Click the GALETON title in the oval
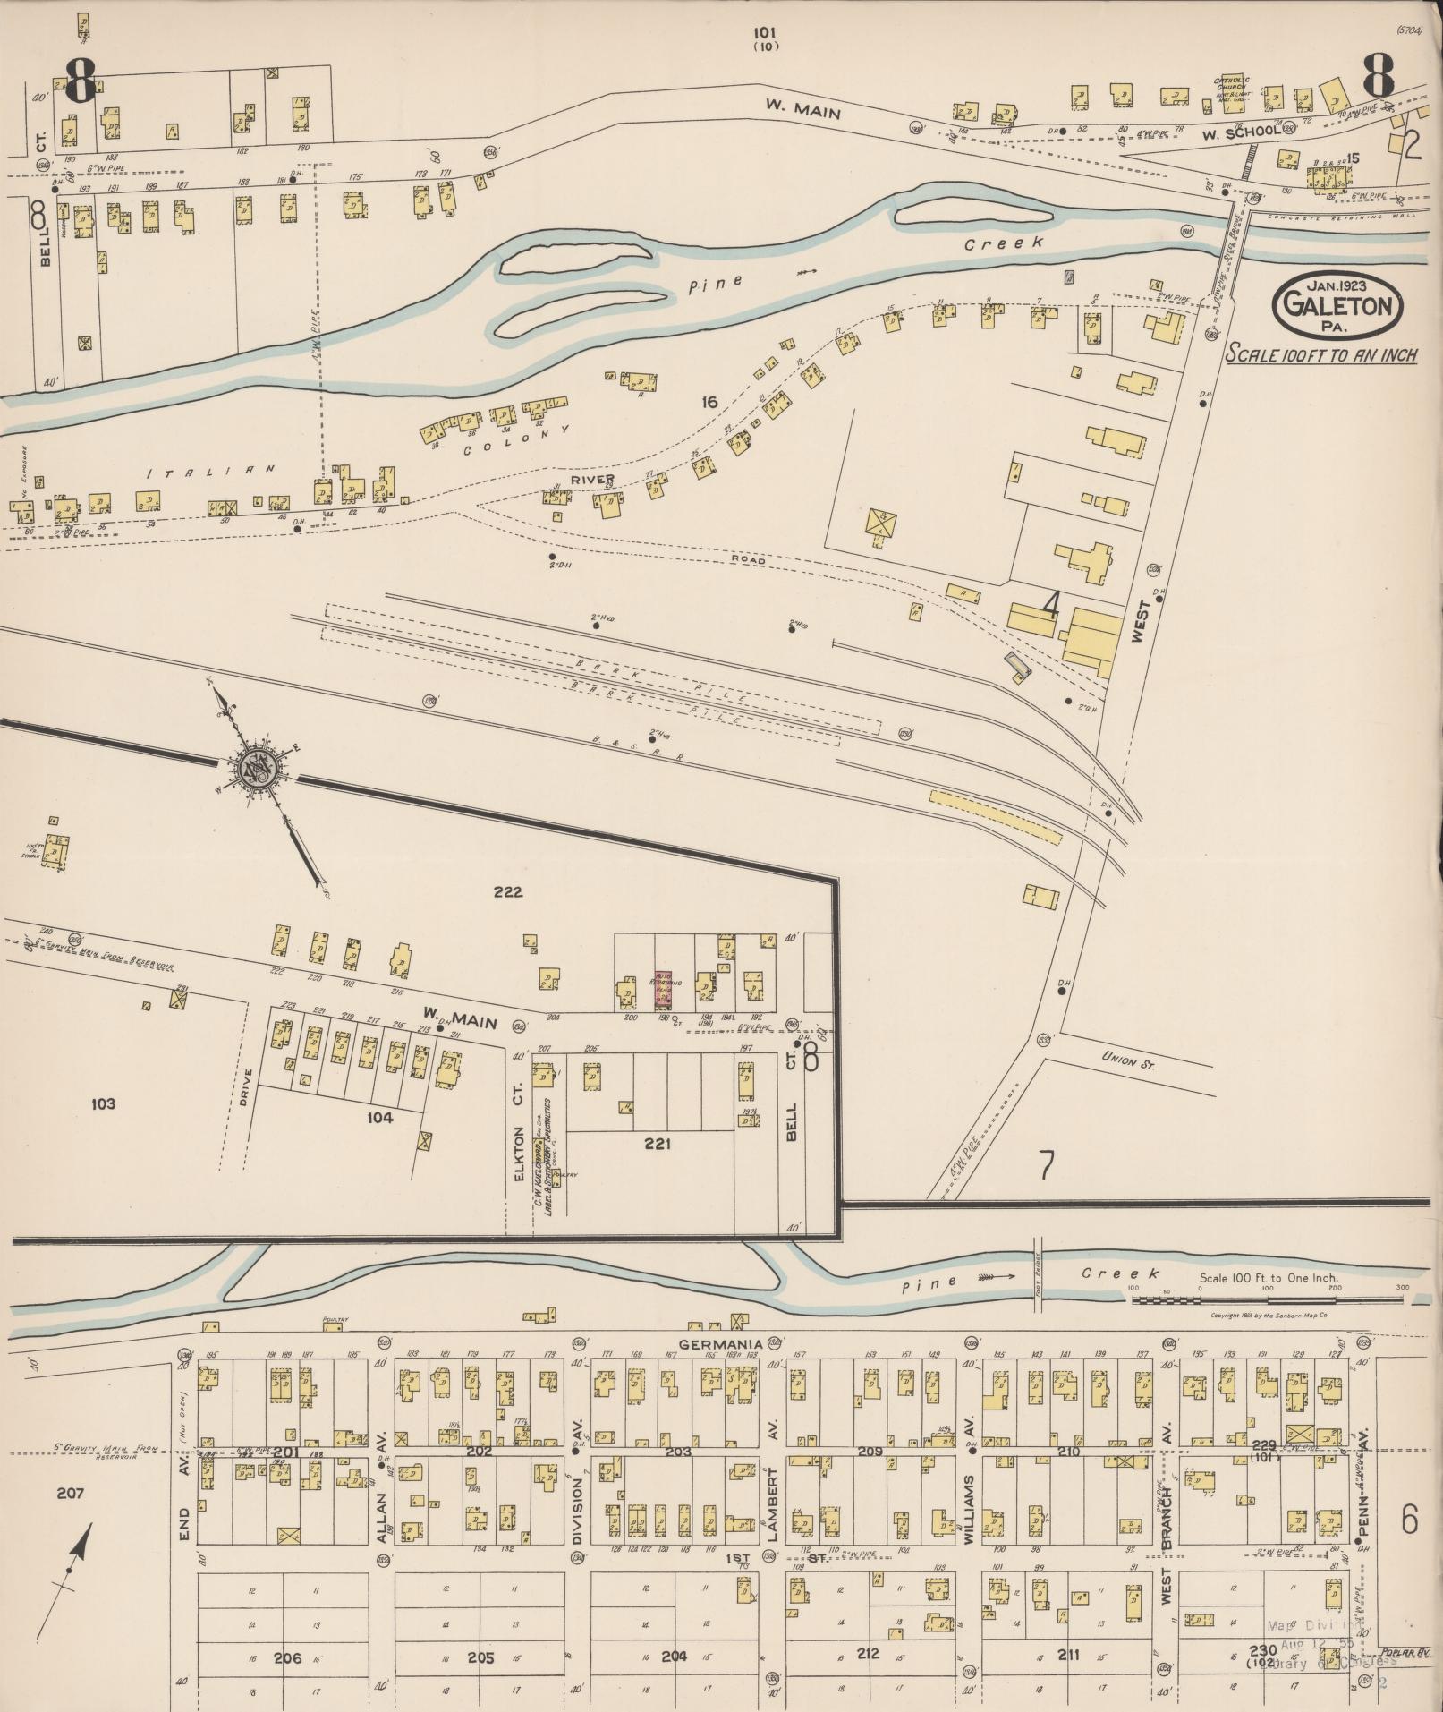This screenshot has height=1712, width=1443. click(1338, 307)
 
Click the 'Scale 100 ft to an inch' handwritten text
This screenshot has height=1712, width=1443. click(1320, 354)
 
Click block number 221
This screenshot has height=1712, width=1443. click(658, 1143)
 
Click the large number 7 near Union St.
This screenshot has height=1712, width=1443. click(1046, 1164)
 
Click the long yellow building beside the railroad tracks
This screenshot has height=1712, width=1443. click(995, 815)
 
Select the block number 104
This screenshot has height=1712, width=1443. click(379, 1117)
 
